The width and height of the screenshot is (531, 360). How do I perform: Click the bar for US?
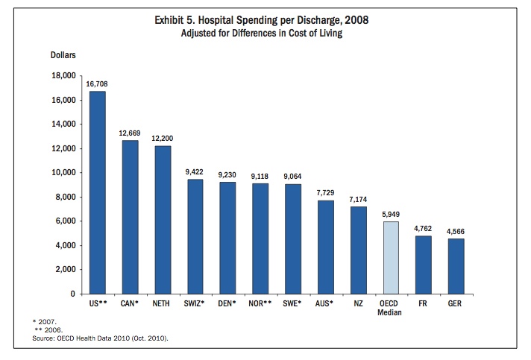(x=97, y=192)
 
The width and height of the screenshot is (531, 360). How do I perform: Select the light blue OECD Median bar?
(x=391, y=257)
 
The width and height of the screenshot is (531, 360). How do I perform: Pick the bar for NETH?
(x=163, y=220)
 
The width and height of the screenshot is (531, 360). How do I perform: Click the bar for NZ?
(x=358, y=250)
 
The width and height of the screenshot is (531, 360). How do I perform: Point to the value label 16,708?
(x=97, y=84)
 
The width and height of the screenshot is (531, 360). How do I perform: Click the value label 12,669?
(x=130, y=133)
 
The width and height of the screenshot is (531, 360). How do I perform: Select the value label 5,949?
(x=391, y=215)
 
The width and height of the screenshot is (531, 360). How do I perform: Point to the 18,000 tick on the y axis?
(x=62, y=76)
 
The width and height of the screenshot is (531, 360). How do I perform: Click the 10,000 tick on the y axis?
(x=62, y=173)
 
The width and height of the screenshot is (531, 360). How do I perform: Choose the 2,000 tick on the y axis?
(x=64, y=270)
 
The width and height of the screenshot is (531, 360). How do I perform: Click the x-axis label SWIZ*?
(x=195, y=304)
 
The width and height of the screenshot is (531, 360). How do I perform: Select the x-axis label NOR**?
(x=260, y=304)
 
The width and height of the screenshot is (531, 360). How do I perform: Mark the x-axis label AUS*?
(x=326, y=304)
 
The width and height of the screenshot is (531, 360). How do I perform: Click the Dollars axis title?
(x=63, y=55)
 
